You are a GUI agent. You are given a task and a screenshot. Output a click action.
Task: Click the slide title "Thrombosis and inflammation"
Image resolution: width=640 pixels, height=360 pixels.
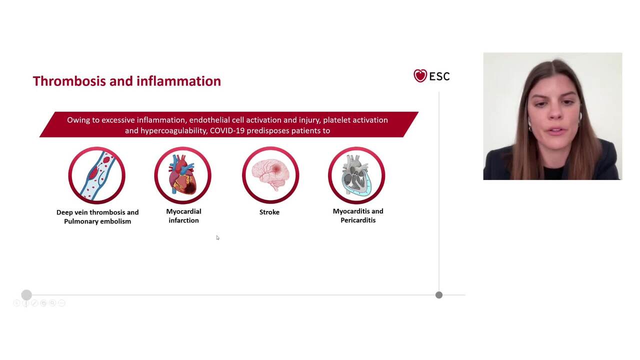pyautogui.click(x=126, y=81)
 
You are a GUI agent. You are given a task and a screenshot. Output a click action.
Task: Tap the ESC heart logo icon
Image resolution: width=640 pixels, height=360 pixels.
pyautogui.click(x=420, y=75)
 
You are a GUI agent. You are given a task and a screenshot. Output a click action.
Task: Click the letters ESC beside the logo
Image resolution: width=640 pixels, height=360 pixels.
pyautogui.click(x=439, y=76)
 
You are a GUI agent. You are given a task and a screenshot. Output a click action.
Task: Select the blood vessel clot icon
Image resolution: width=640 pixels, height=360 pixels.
pyautogui.click(x=96, y=175)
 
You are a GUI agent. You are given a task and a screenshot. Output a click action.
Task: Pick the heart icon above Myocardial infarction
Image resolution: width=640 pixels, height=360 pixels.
pyautogui.click(x=182, y=175)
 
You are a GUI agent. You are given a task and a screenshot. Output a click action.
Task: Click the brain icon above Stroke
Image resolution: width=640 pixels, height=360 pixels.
pyautogui.click(x=270, y=175)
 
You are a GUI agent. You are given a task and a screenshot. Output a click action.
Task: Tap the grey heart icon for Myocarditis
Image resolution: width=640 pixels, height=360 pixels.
pyautogui.click(x=356, y=175)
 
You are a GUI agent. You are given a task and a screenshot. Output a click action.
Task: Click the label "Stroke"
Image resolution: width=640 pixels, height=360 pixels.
pyautogui.click(x=269, y=212)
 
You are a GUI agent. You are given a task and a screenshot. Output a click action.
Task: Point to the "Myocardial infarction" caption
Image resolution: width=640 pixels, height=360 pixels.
pyautogui.click(x=183, y=216)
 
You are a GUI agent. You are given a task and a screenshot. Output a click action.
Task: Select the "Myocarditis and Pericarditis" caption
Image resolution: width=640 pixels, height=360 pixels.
pyautogui.click(x=358, y=215)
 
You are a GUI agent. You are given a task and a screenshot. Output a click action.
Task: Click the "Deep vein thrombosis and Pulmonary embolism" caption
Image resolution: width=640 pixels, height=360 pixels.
pyautogui.click(x=97, y=216)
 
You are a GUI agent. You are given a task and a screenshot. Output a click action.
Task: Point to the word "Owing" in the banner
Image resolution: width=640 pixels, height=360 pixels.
pyautogui.click(x=78, y=120)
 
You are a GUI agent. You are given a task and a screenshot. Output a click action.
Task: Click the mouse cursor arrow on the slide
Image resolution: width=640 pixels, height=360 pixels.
pyautogui.click(x=217, y=237)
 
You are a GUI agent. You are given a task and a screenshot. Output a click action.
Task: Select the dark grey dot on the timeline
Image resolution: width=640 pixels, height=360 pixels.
pyautogui.click(x=439, y=295)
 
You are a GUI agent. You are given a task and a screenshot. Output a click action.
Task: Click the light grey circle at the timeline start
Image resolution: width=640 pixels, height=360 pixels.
pyautogui.click(x=26, y=295)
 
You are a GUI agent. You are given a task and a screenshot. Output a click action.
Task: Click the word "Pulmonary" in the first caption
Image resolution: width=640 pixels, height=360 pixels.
pyautogui.click(x=81, y=221)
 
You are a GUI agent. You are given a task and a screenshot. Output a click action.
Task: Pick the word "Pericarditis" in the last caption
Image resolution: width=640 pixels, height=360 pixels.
pyautogui.click(x=358, y=220)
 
